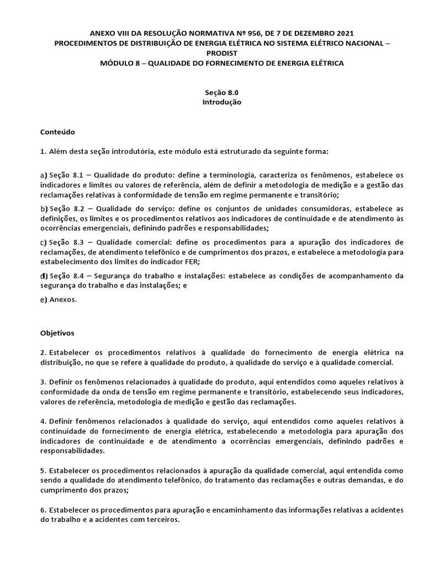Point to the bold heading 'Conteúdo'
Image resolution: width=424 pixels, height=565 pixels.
pos(57,132)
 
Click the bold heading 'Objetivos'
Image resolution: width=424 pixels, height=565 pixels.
pos(58,333)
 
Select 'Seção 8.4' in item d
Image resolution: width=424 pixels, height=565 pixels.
pos(66,276)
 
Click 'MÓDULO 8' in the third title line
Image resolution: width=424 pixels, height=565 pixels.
pos(119,63)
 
